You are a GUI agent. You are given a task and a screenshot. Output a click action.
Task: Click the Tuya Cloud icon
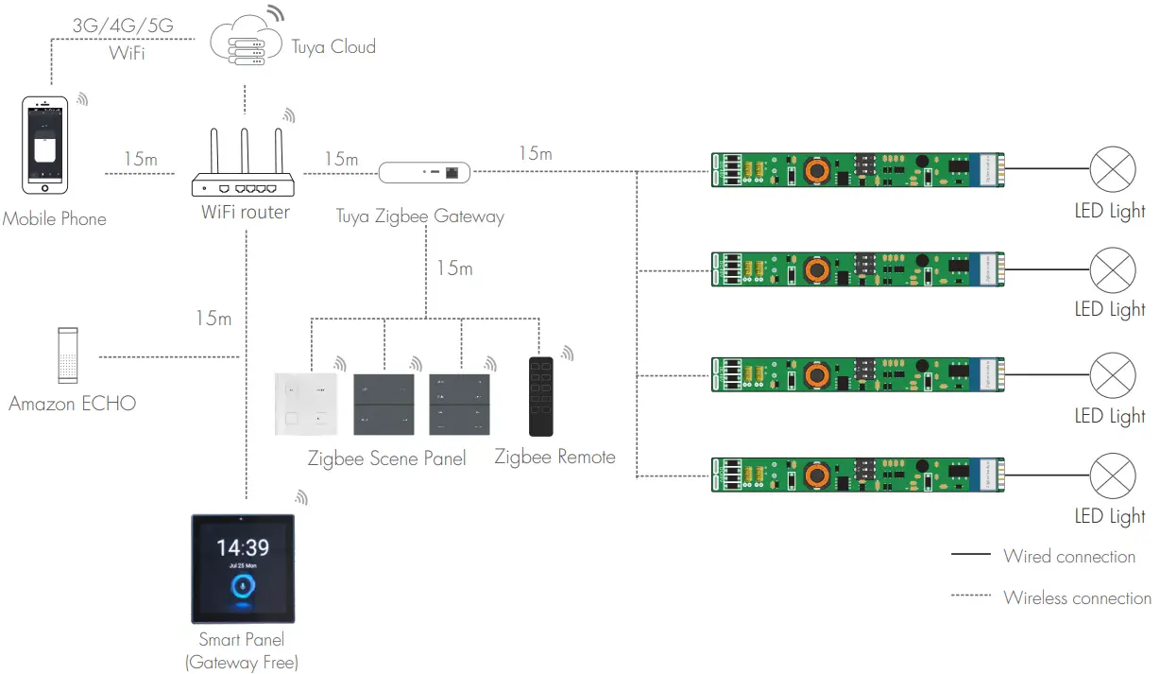[x=245, y=44]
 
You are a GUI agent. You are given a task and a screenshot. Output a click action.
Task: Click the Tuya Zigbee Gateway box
[x=424, y=172]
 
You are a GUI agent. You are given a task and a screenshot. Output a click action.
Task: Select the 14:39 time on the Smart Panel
[x=243, y=547]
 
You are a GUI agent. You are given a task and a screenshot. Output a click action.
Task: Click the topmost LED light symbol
[x=1113, y=170]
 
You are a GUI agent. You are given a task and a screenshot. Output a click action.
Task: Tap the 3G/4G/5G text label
[x=123, y=26]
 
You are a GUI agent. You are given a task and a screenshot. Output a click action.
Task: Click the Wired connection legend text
[x=1069, y=557]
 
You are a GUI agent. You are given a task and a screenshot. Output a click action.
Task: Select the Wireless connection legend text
[x=1077, y=597]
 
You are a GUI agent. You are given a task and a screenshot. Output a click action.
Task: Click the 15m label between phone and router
[x=141, y=159]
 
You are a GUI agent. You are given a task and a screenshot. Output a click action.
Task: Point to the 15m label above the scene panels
[x=453, y=268]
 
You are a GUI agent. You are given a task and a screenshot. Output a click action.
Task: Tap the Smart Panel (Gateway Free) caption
[x=242, y=651]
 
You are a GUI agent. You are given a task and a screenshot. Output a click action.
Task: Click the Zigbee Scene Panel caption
[x=386, y=458]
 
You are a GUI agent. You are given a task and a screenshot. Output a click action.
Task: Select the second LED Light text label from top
[x=1110, y=309]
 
